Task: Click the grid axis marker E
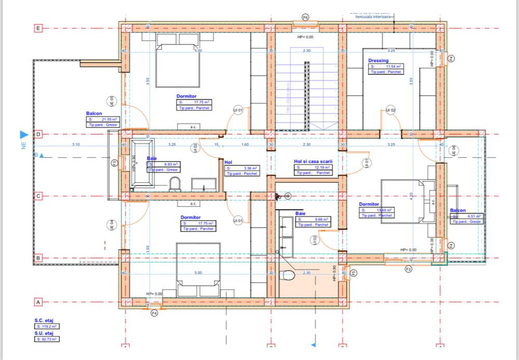[37, 29]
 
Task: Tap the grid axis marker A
[37, 302]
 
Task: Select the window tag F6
[306, 17]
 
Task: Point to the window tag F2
[408, 269]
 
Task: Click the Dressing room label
[378, 61]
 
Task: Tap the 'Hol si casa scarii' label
[312, 162]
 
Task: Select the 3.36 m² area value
[241, 168]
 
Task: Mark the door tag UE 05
[111, 101]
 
